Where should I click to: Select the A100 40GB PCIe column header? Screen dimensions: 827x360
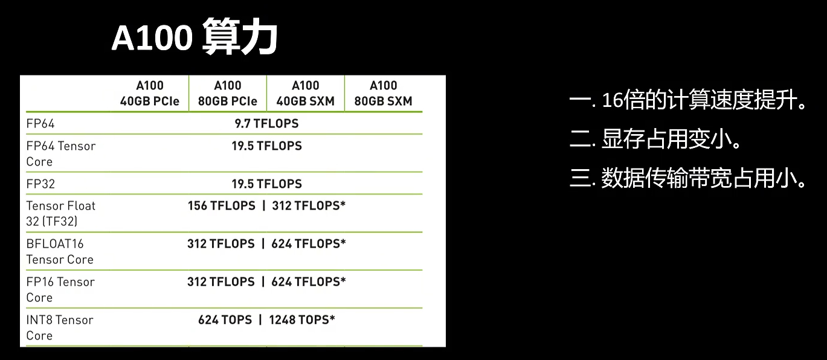point(150,94)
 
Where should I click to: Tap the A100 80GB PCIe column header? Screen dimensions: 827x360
point(228,94)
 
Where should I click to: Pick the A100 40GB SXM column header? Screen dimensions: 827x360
point(305,94)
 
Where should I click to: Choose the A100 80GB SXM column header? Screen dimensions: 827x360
point(383,94)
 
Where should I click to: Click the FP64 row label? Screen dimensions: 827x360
point(40,124)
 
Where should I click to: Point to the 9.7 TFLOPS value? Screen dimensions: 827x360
point(266,123)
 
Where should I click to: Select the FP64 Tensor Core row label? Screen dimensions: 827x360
point(60,153)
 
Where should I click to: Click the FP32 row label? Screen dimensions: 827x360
point(40,184)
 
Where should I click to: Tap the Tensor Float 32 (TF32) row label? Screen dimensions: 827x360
point(60,213)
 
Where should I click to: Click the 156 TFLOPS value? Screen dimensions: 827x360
point(221,205)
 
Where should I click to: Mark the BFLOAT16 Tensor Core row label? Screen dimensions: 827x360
point(59,251)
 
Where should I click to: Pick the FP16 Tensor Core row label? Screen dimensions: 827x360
point(60,289)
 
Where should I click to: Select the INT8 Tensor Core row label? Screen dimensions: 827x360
point(59,327)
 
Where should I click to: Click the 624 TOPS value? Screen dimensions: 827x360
point(225,320)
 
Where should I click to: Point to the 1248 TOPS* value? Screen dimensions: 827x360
point(302,320)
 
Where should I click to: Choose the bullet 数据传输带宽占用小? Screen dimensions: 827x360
point(688,178)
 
